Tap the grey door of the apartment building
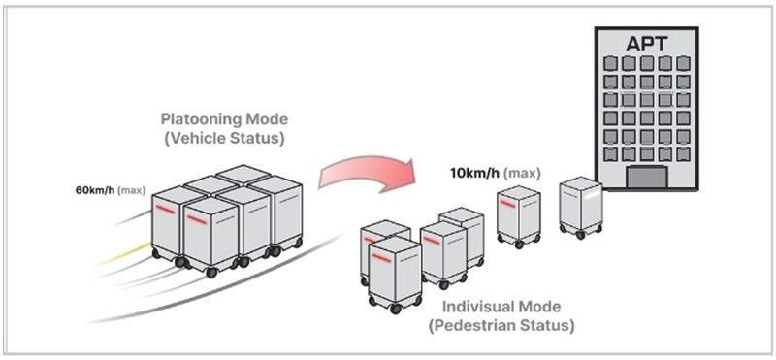pyautogui.click(x=647, y=177)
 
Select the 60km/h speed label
pyautogui.click(x=95, y=190)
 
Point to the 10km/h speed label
pyautogui.click(x=474, y=174)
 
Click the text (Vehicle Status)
pyautogui.click(x=224, y=139)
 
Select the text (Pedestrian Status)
pyautogui.click(x=501, y=326)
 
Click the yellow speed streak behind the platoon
pyautogui.click(x=123, y=253)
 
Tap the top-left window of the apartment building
pyautogui.click(x=611, y=63)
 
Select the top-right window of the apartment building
pyautogui.click(x=683, y=63)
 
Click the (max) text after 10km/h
pyautogui.click(x=522, y=174)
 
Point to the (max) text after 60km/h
pyautogui.click(x=132, y=190)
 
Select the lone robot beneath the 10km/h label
pyautogui.click(x=519, y=216)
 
